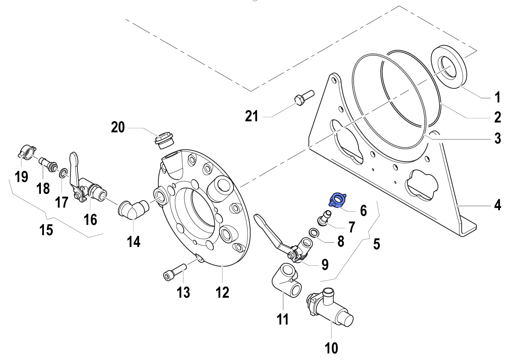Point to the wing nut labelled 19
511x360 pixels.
click(27, 152)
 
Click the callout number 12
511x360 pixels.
click(222, 293)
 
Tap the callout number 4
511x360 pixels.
click(497, 205)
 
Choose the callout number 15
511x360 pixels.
click(46, 230)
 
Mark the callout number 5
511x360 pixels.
click(376, 244)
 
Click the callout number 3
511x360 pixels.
click(497, 138)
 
